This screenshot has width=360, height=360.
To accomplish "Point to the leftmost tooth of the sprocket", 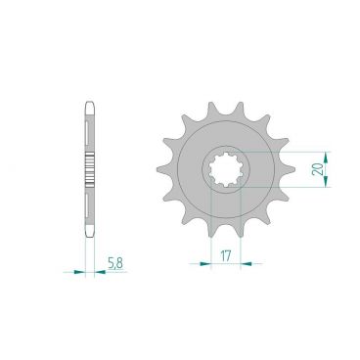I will [150, 180].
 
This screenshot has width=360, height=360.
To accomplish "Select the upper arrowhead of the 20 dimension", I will [327, 155].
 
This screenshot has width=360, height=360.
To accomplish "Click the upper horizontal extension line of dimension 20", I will [284, 152].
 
